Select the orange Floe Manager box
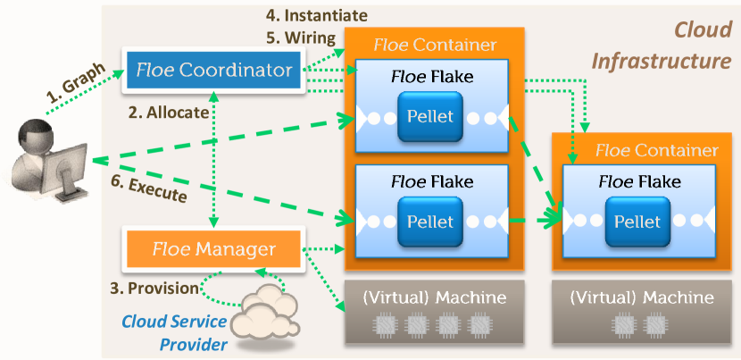click(214, 247)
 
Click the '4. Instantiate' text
click(317, 15)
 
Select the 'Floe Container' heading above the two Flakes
click(434, 45)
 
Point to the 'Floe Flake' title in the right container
click(637, 182)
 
